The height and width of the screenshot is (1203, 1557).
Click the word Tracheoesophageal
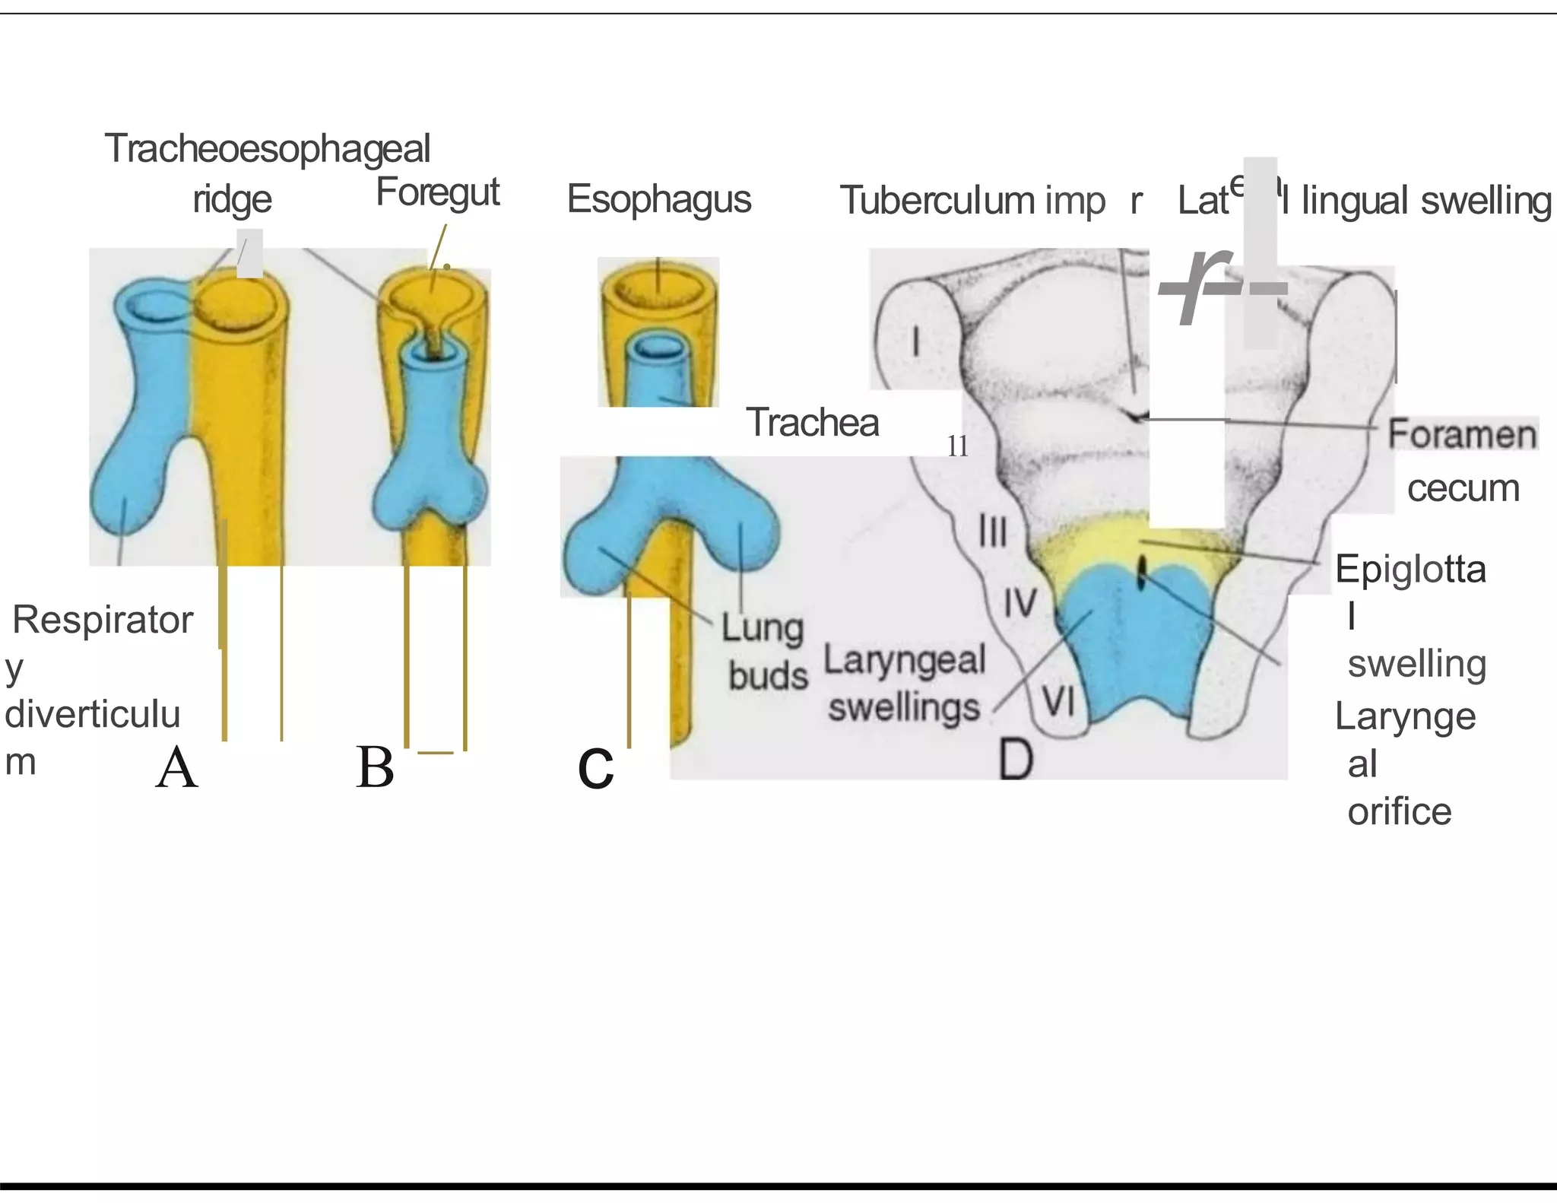pos(267,148)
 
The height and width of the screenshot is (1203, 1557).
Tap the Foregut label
pos(437,192)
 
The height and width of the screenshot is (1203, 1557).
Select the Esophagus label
pos(658,199)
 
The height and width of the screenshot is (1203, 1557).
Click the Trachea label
pos(812,422)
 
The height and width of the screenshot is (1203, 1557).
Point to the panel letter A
pos(176,767)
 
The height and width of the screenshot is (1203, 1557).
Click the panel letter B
pos(375,767)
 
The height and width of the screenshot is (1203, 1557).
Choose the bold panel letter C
pos(595,769)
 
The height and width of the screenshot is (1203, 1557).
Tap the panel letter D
pos(1016,759)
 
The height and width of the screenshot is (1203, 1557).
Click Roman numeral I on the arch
pos(916,341)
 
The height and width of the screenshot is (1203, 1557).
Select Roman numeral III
pos(992,531)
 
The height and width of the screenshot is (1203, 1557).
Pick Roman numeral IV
pos(1020,603)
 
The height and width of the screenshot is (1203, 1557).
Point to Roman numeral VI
pos(1058,701)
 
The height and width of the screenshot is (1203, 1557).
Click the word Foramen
pos(1461,435)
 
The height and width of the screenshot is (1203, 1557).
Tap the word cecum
pos(1463,488)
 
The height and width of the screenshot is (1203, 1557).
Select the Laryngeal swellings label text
pos(905,683)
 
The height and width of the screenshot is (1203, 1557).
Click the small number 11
pos(957,446)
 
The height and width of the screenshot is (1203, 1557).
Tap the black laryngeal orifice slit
pos(1140,573)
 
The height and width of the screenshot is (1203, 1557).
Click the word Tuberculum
pos(937,201)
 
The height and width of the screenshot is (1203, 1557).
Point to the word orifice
pos(1399,811)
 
